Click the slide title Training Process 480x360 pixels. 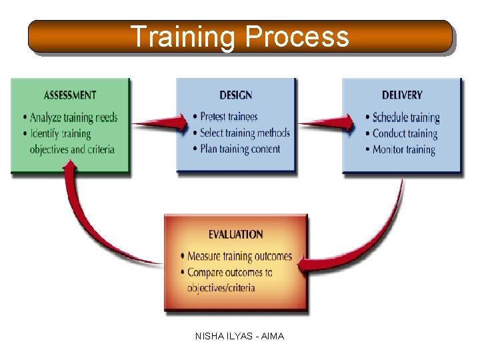coord(239,37)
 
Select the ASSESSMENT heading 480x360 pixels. coord(69,95)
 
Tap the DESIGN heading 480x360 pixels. coord(235,95)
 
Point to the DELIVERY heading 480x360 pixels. coord(402,95)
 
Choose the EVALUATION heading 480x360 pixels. coord(235,234)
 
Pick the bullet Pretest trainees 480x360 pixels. coord(229,117)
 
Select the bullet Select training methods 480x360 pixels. coord(245,133)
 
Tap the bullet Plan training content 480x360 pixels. coord(240,149)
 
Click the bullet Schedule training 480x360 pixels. coord(406,118)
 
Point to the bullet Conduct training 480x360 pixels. coord(405,133)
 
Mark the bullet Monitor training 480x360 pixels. coord(403,149)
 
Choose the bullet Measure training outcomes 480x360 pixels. coord(239,256)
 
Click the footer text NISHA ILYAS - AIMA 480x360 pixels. coord(239,337)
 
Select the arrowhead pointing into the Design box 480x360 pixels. coord(179,123)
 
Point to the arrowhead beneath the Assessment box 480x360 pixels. coord(69,173)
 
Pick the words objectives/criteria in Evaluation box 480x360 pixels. coord(221,288)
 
